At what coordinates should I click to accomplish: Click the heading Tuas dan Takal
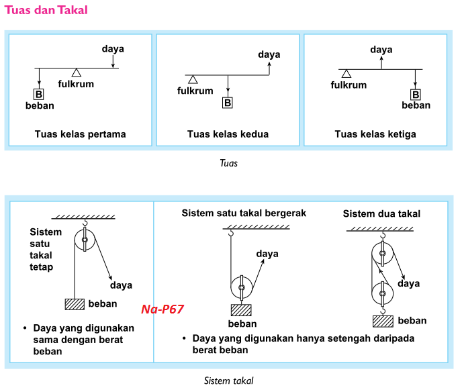(x=46, y=11)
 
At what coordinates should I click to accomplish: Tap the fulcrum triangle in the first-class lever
(x=77, y=72)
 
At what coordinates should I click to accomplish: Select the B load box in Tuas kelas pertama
(x=40, y=94)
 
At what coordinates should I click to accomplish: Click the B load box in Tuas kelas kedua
(x=228, y=103)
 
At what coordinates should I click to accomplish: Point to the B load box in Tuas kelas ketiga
(x=416, y=94)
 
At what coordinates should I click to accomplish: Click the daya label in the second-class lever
(x=269, y=54)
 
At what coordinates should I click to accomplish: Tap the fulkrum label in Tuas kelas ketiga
(x=349, y=85)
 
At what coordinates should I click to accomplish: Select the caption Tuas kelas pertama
(x=81, y=134)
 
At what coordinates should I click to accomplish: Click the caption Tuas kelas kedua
(x=228, y=134)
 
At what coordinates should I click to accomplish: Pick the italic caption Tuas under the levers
(x=228, y=162)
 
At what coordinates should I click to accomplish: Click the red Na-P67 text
(x=163, y=309)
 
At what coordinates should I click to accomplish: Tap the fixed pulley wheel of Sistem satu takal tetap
(x=85, y=240)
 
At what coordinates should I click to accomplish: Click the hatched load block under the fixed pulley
(x=75, y=303)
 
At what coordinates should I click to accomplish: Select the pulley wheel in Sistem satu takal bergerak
(x=242, y=289)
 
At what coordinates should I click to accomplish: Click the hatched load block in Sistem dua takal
(x=383, y=320)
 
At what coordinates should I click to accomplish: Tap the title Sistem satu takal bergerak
(x=244, y=213)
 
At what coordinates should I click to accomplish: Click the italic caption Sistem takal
(x=228, y=381)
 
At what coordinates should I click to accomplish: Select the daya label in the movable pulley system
(x=267, y=254)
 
